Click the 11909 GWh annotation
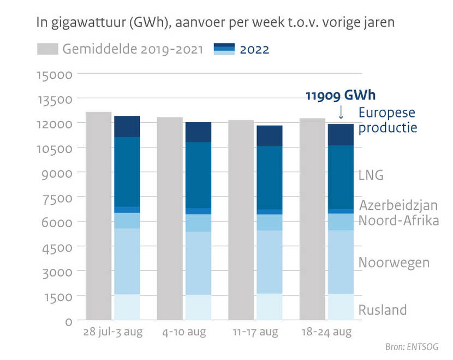pyautogui.click(x=340, y=95)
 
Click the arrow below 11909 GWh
pyautogui.click(x=341, y=112)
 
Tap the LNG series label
pyautogui.click(x=371, y=175)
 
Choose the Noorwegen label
pyautogui.click(x=394, y=262)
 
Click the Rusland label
pyautogui.click(x=382, y=310)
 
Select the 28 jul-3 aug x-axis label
pyautogui.click(x=113, y=332)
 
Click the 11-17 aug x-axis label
pyautogui.click(x=255, y=332)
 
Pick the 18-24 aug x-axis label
pyautogui.click(x=326, y=332)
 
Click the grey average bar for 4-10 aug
pyautogui.click(x=170, y=219)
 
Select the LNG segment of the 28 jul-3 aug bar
pyautogui.click(x=127, y=172)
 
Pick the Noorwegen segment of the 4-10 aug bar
pyautogui.click(x=198, y=263)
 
